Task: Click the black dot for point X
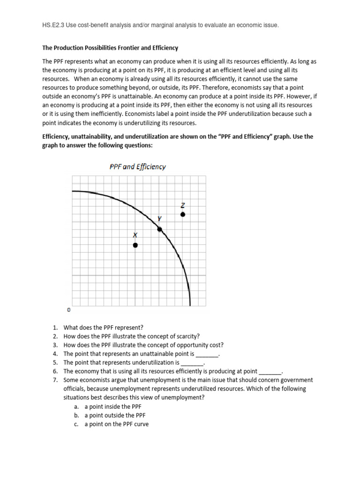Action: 135,245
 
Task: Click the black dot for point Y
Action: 159,229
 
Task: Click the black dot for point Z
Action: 183,214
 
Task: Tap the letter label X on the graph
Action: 135,234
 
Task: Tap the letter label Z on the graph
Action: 183,205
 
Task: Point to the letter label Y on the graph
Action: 159,218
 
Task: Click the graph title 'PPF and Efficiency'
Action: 137,167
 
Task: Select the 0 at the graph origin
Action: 69,310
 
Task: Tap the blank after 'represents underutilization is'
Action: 192,363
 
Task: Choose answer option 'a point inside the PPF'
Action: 113,406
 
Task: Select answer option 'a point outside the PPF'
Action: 115,415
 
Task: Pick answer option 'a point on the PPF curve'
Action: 116,424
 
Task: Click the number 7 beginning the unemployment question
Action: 55,380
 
